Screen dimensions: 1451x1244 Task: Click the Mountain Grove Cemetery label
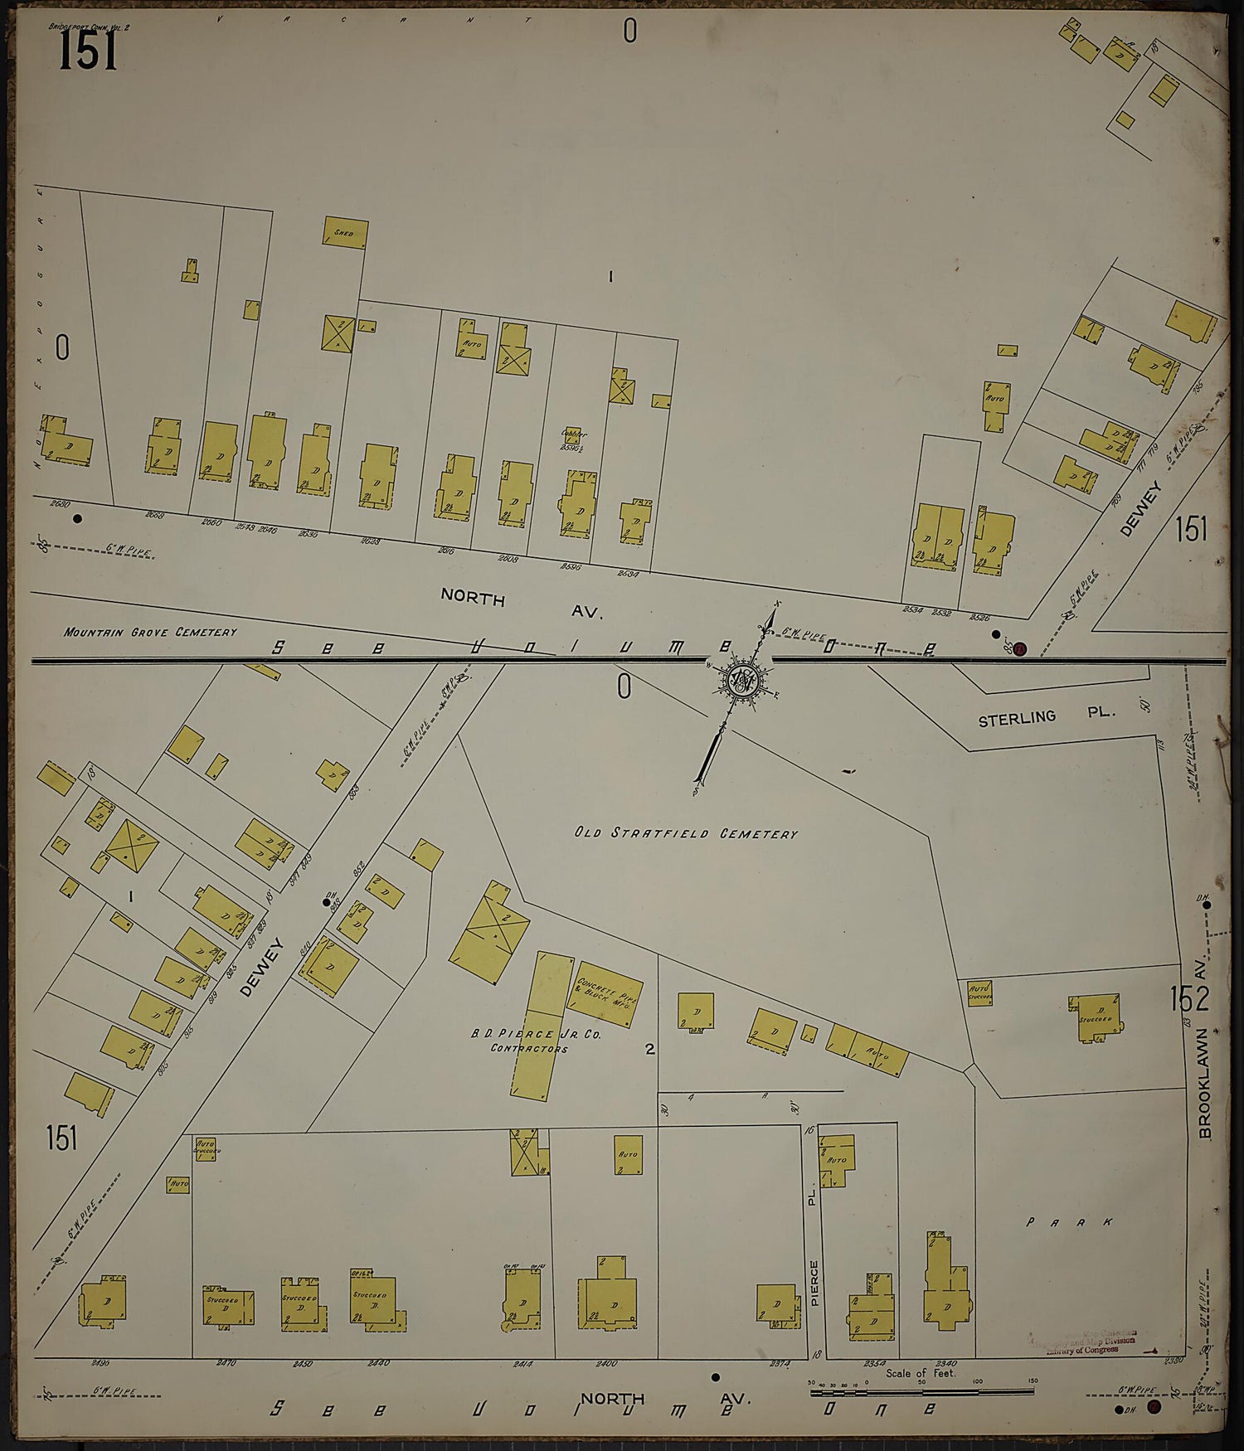click(150, 632)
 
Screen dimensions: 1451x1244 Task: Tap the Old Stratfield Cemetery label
click(686, 833)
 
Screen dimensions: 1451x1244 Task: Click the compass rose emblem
click(741, 680)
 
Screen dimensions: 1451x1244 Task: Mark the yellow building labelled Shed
click(345, 233)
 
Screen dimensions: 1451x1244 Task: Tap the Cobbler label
click(573, 434)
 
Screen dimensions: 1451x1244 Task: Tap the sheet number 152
click(1189, 999)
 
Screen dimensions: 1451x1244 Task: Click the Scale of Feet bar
click(921, 1390)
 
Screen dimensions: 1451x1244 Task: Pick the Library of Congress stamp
click(1086, 1343)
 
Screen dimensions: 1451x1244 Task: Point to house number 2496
click(100, 1362)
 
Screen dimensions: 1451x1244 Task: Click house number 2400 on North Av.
click(606, 1363)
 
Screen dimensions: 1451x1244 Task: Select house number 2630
click(60, 503)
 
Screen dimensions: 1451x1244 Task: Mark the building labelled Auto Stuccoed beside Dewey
click(204, 1148)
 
